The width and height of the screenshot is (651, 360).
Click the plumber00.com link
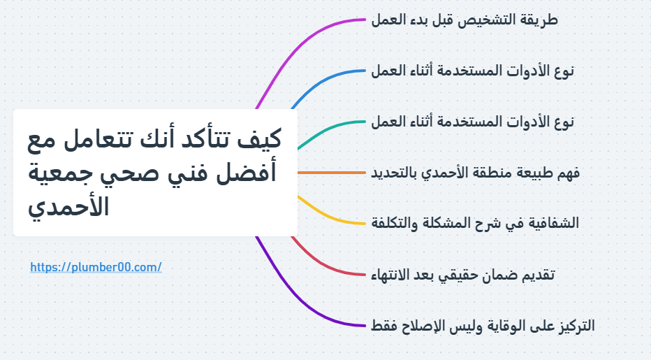(x=96, y=267)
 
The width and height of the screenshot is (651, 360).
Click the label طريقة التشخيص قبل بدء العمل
(x=465, y=20)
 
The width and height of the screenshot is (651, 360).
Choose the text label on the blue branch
(x=473, y=71)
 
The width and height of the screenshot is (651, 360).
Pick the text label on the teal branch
(x=473, y=122)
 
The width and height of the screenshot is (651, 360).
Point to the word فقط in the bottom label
(x=387, y=326)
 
